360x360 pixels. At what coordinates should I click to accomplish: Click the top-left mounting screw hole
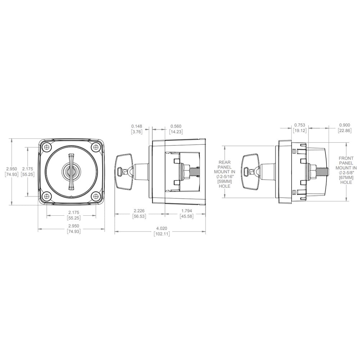47,147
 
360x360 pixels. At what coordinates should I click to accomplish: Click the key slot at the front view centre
71,171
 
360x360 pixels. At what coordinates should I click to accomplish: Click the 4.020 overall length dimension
162,228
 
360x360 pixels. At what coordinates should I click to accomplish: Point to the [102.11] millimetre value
162,234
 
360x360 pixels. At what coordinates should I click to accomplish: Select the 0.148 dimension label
137,126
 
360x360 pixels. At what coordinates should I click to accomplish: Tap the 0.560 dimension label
176,126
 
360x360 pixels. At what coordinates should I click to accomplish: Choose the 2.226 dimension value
139,211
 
